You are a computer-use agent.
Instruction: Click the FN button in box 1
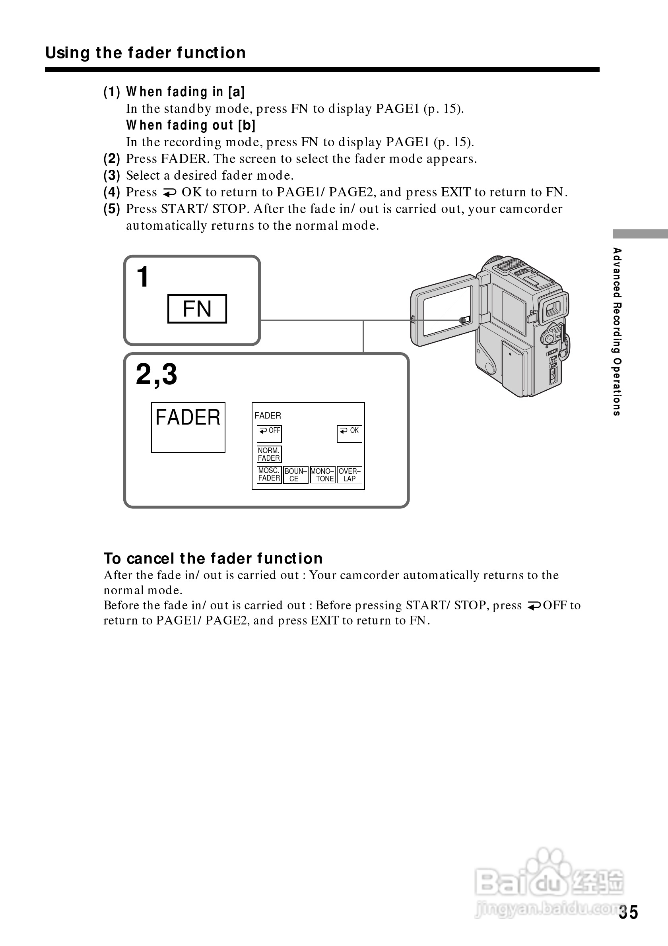[197, 308]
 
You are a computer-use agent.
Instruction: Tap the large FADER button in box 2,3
[188, 427]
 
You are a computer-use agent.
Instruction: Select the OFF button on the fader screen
[269, 433]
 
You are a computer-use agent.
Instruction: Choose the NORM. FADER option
[269, 454]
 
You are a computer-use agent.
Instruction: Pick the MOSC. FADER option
[269, 474]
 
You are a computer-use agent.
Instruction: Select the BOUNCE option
[295, 475]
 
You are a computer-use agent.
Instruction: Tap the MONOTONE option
[322, 475]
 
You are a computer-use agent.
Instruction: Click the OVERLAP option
[350, 475]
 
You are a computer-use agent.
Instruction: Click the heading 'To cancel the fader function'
[213, 558]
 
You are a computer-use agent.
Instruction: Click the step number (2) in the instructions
[112, 159]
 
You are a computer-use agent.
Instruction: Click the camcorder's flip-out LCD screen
[447, 310]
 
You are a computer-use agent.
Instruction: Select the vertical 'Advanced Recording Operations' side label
[616, 331]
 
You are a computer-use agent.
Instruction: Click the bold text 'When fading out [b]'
[191, 125]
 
